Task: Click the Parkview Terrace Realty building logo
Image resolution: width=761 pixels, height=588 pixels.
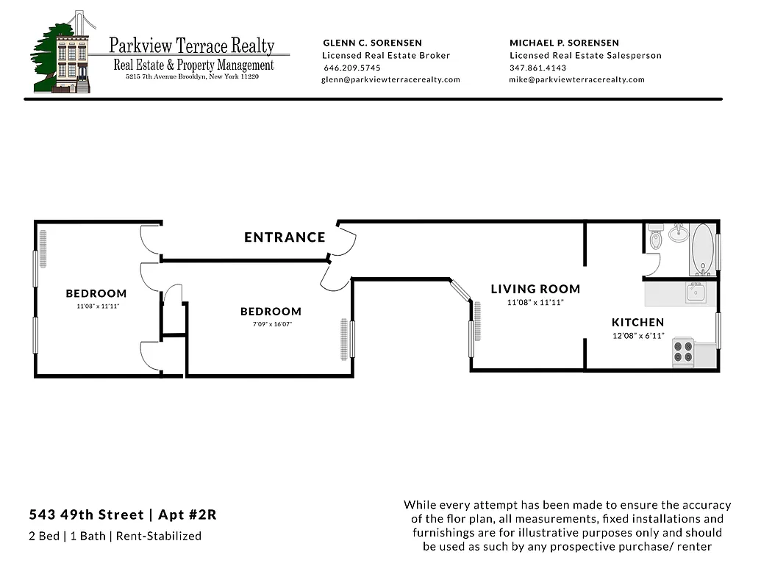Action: [x=65, y=53]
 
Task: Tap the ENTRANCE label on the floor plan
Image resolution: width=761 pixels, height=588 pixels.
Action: [x=285, y=237]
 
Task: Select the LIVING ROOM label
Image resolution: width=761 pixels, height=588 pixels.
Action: [x=535, y=289]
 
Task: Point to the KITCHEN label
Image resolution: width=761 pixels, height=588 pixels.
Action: [x=637, y=322]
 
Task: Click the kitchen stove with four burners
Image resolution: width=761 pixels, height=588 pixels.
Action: [x=684, y=352]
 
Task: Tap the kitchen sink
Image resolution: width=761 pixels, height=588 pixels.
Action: [x=696, y=293]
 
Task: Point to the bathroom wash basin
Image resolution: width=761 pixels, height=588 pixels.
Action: [x=678, y=234]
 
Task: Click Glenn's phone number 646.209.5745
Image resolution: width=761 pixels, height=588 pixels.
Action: [x=352, y=68]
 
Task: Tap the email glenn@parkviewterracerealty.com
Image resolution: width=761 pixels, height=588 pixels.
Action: [x=390, y=79]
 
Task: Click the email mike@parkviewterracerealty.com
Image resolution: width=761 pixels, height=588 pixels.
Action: [x=576, y=79]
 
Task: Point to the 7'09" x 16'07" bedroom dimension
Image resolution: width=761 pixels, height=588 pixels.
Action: [x=271, y=323]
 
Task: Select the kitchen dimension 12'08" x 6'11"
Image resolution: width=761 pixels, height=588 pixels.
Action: [x=637, y=336]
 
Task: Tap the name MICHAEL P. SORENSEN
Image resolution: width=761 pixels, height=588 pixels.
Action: [x=564, y=43]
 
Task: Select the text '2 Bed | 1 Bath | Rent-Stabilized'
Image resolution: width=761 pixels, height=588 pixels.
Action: [x=115, y=536]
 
